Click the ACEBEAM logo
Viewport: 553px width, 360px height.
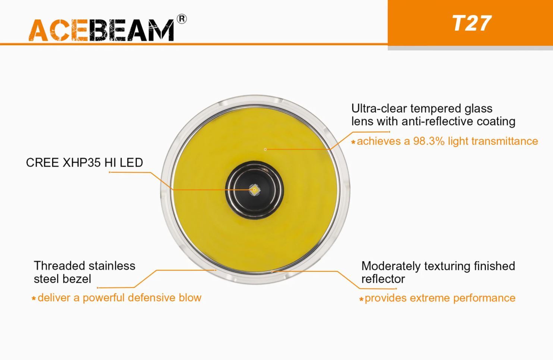[101, 30]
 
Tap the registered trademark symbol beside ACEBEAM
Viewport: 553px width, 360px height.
[182, 19]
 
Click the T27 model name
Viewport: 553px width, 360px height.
[472, 24]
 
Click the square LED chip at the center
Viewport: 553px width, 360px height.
[254, 190]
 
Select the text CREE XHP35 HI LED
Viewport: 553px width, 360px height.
[84, 163]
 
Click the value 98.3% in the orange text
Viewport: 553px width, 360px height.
[429, 141]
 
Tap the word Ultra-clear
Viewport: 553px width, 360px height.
[379, 109]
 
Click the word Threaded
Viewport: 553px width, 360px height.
[60, 266]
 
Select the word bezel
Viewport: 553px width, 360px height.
[77, 279]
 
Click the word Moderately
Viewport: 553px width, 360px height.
[390, 266]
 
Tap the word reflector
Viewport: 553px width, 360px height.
[383, 279]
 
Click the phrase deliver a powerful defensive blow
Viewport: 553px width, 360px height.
[119, 298]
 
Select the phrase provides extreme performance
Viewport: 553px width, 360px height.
[440, 298]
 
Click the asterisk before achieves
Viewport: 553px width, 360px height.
[353, 142]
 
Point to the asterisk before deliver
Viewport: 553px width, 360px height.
[34, 299]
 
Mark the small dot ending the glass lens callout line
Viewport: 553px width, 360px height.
[265, 149]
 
